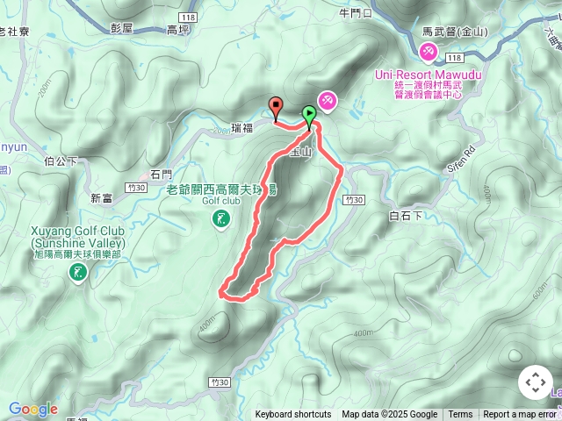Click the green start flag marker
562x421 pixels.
[309, 114]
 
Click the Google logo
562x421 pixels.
[32, 409]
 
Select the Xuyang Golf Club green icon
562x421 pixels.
[78, 274]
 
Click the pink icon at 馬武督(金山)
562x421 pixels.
[429, 54]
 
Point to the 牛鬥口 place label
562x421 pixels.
[356, 13]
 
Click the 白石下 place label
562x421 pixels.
[406, 215]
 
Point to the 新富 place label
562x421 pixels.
[101, 198]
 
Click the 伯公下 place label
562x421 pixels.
[61, 161]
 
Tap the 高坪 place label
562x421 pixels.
[178, 29]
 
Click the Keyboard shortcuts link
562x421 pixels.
[293, 415]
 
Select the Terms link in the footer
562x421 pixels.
[460, 415]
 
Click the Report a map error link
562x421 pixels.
[521, 415]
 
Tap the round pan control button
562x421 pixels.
[535, 383]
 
